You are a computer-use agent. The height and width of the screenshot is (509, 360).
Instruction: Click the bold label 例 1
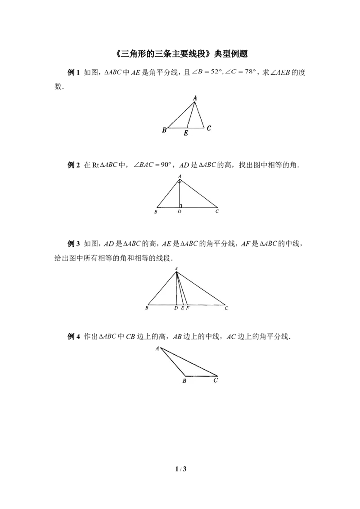(x=73, y=72)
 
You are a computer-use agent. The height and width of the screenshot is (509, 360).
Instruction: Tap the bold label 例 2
(x=73, y=165)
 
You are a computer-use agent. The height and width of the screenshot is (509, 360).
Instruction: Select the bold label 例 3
(x=73, y=243)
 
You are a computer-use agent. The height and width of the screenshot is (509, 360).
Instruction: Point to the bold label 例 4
(x=73, y=337)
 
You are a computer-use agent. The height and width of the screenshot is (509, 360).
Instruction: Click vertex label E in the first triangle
(x=186, y=133)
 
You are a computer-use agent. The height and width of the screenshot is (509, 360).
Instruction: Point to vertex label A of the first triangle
(x=195, y=98)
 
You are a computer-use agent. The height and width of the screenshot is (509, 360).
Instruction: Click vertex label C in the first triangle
(x=209, y=128)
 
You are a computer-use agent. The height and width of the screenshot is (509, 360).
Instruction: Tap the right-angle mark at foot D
(x=180, y=206)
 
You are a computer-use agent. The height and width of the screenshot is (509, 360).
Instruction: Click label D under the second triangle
(x=180, y=212)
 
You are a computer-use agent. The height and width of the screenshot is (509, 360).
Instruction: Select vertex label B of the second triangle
(x=156, y=212)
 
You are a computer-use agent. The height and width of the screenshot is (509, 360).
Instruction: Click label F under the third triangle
(x=188, y=308)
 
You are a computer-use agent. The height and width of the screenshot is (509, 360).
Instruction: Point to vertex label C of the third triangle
(x=226, y=308)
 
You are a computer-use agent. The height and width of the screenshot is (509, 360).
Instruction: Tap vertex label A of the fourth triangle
(x=157, y=348)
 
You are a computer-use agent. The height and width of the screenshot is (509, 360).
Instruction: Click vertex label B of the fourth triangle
(x=184, y=381)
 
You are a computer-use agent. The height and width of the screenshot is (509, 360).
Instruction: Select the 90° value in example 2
(x=166, y=165)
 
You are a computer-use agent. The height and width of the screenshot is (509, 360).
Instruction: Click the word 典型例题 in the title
(x=231, y=54)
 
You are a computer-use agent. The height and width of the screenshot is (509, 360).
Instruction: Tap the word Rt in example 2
(x=95, y=165)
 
